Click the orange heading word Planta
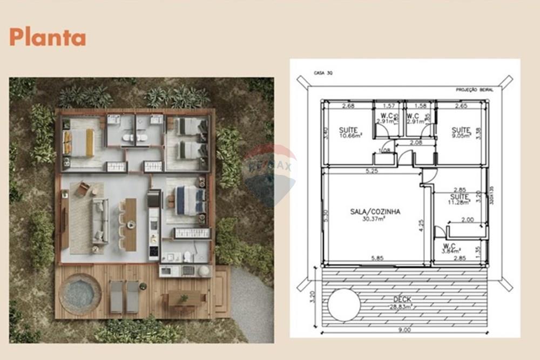[48, 37]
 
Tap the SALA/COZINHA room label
[375, 212]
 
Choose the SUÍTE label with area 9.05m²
[461, 130]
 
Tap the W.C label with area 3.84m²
[449, 246]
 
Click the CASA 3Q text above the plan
[323, 72]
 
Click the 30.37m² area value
[375, 219]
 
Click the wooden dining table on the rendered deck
[185, 298]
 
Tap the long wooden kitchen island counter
[130, 225]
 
